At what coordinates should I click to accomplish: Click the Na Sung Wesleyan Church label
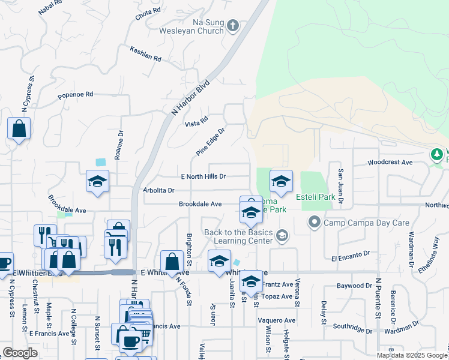tap(191, 26)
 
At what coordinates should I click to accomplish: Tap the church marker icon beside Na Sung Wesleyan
tap(234, 26)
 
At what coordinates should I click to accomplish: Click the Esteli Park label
tap(315, 197)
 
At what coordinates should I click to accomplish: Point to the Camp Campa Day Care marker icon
tap(314, 223)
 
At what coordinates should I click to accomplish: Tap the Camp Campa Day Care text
tap(366, 223)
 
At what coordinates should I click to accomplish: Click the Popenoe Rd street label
tap(76, 95)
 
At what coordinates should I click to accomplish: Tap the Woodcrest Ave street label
tap(390, 163)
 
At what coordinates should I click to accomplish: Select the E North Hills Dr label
tap(203, 176)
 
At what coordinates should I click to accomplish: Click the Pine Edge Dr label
tap(210, 142)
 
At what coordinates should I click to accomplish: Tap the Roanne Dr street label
tap(120, 145)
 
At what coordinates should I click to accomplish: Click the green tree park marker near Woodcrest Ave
tap(438, 155)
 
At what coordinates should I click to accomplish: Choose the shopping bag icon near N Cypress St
tap(19, 128)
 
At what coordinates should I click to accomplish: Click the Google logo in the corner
tap(20, 353)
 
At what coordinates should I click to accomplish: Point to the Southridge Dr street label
tap(353, 329)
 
